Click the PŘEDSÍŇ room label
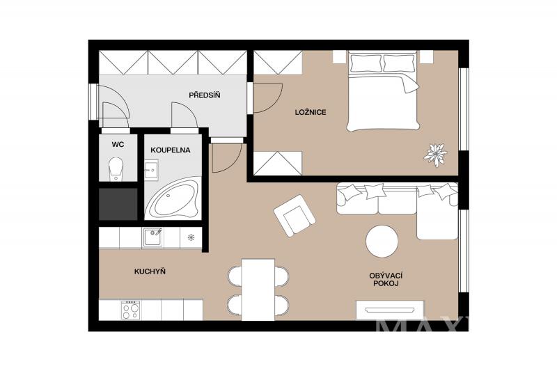click(x=204, y=95)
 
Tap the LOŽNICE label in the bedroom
click(x=311, y=112)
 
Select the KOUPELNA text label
click(x=170, y=150)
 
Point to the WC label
click(x=118, y=145)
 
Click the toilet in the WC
click(x=116, y=169)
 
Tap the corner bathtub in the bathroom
click(x=173, y=198)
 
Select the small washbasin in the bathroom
click(x=151, y=171)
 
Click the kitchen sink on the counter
click(x=153, y=237)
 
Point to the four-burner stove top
click(x=130, y=310)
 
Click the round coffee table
click(x=382, y=241)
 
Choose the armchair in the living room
click(x=295, y=216)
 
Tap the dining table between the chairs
click(x=258, y=290)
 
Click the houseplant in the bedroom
click(x=435, y=155)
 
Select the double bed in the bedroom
click(x=384, y=91)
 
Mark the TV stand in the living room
click(x=390, y=310)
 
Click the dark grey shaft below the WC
click(x=118, y=204)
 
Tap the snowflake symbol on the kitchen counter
click(x=191, y=237)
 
